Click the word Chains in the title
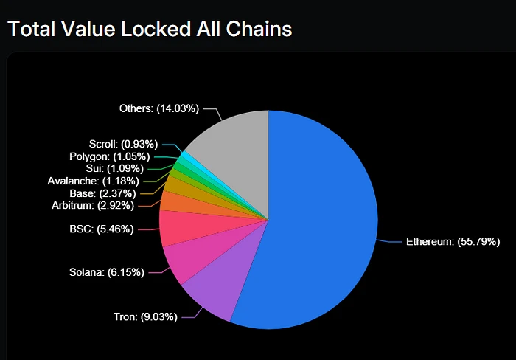[x=259, y=29]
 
